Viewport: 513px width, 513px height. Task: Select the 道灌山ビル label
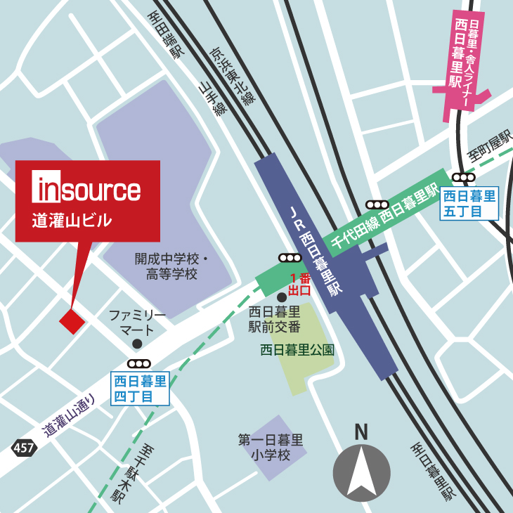(x=72, y=221)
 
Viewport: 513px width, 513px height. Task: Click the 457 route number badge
(x=23, y=448)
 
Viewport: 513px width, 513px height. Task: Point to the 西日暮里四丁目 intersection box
(x=141, y=389)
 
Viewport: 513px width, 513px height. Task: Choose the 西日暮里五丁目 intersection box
(x=469, y=203)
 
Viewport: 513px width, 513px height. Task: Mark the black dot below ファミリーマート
(x=137, y=344)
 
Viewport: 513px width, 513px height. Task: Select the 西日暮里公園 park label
(x=297, y=349)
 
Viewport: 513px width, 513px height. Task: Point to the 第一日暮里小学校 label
(x=271, y=448)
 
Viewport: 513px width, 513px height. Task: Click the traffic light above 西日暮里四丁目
(x=139, y=363)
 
